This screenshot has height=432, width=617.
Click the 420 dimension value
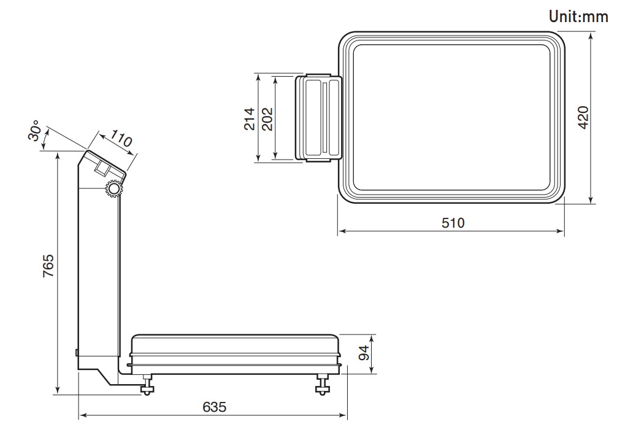click(583, 117)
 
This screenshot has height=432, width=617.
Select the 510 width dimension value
click(453, 223)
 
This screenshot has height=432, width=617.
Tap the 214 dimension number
click(250, 119)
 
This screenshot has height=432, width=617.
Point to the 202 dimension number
click(267, 119)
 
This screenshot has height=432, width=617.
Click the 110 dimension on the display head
click(121, 138)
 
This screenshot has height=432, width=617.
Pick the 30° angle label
click(34, 130)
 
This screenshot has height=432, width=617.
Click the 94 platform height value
click(364, 353)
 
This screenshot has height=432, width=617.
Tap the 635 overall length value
click(215, 407)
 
